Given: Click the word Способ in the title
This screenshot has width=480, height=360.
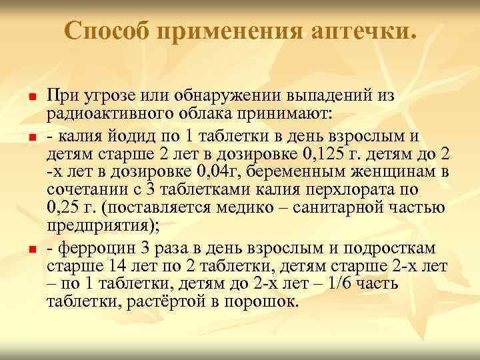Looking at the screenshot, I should pyautogui.click(x=107, y=31).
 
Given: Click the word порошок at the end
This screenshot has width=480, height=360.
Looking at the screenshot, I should pyautogui.click(x=255, y=300).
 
